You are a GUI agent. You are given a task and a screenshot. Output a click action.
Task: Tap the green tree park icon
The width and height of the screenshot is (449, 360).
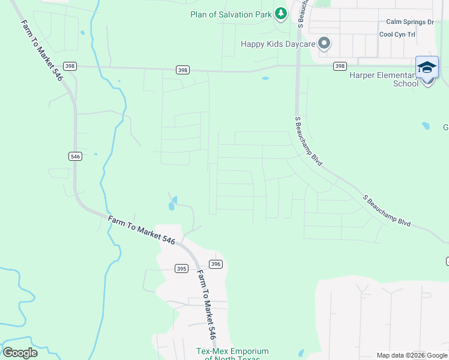pos(280,13)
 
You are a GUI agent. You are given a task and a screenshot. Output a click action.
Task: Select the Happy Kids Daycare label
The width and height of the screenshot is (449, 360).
pos(278,44)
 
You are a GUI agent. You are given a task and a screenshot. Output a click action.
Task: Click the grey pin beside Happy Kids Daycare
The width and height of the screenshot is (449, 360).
pos(325,43)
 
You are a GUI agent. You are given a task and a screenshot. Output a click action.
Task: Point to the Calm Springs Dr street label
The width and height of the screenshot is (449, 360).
pos(410,22)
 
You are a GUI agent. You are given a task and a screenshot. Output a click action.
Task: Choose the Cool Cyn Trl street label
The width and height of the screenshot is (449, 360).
pos(397,34)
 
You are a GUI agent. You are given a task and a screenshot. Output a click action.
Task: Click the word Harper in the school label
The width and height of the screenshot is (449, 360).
pos(363,75)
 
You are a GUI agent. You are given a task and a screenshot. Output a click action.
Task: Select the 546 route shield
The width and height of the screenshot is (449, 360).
pos(75,157)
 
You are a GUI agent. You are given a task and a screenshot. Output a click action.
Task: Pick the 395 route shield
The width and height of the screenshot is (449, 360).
pos(182,269)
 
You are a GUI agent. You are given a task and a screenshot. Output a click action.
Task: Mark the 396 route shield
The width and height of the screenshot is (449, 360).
pos(216,264)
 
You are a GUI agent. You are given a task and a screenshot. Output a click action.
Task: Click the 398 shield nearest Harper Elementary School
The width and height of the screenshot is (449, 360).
pos(340,66)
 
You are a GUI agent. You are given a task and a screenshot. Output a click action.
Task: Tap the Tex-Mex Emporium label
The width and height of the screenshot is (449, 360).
pos(232,352)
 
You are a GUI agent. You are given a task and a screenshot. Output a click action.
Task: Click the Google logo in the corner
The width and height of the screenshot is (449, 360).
pos(20,352)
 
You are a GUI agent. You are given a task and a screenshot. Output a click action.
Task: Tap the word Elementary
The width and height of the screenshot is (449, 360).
pos(398,75)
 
